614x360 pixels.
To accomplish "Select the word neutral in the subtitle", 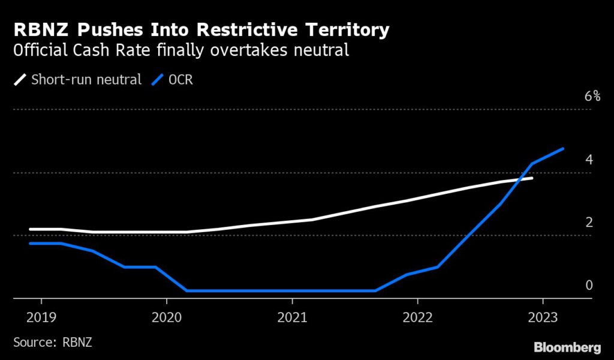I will (x=317, y=50).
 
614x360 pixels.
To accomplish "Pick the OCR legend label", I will (x=180, y=79).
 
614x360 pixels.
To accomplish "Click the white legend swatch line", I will (x=20, y=79).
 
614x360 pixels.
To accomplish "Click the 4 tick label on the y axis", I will (x=589, y=160).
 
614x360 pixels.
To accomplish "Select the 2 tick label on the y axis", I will (x=589, y=223).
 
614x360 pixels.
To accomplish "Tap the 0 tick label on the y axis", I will (x=589, y=285).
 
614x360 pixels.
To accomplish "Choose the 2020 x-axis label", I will (x=168, y=316).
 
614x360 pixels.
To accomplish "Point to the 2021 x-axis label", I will (x=293, y=316).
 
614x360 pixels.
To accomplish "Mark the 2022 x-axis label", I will (x=418, y=316).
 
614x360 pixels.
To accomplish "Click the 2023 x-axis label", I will (x=543, y=316).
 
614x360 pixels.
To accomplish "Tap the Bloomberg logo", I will (x=567, y=347).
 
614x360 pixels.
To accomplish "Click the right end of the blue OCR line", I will (x=563, y=148).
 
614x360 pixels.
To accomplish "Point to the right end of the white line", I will (x=532, y=178).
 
